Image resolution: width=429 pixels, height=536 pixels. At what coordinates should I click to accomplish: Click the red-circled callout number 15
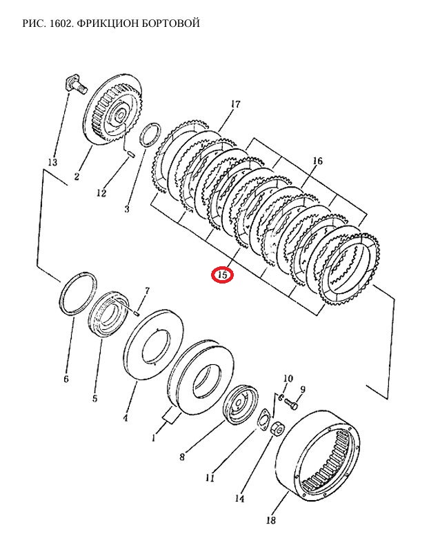223,275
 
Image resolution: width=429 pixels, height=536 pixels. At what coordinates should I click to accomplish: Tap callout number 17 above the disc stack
235,105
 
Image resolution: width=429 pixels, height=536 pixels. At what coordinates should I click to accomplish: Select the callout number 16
317,161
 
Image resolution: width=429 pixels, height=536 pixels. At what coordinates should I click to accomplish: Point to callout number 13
52,162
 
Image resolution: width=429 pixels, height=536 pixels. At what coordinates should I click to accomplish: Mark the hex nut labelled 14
277,429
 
